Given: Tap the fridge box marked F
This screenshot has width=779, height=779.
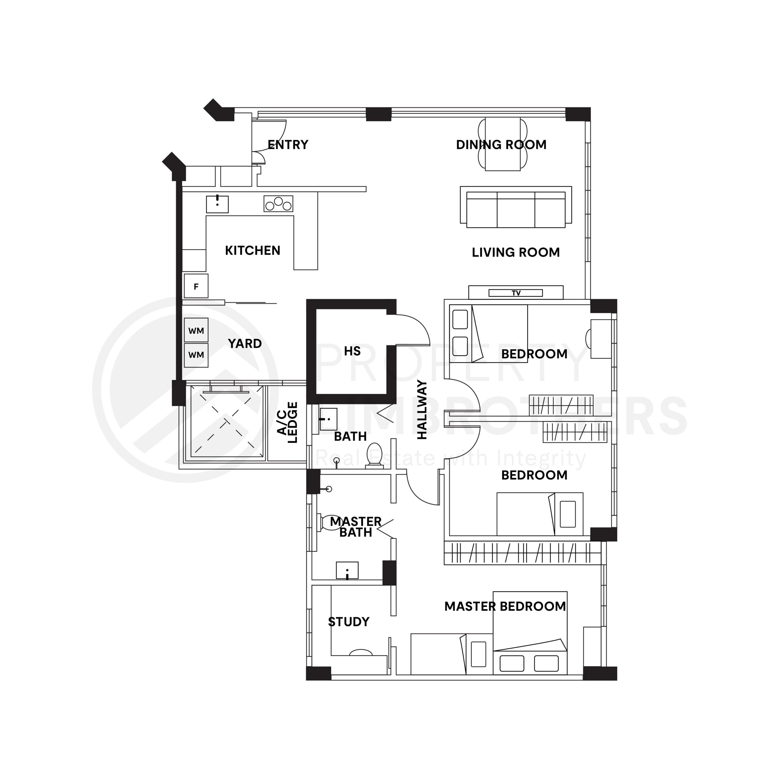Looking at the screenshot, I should [x=196, y=286].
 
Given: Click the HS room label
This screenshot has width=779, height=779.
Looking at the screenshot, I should [x=352, y=351].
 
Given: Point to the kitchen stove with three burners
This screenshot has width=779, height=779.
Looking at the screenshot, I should [x=278, y=204].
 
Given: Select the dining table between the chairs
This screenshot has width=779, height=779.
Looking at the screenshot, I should [x=502, y=144].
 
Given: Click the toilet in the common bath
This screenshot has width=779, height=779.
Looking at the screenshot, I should [x=374, y=456].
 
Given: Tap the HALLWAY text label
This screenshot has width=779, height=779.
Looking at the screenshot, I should [x=422, y=410].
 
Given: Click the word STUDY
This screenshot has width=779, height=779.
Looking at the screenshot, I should [x=348, y=622].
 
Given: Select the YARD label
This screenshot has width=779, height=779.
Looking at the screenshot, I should [x=245, y=344].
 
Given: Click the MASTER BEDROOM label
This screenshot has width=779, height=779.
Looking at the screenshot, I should [x=505, y=606].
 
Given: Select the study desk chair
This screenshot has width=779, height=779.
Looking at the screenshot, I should [x=361, y=652].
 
